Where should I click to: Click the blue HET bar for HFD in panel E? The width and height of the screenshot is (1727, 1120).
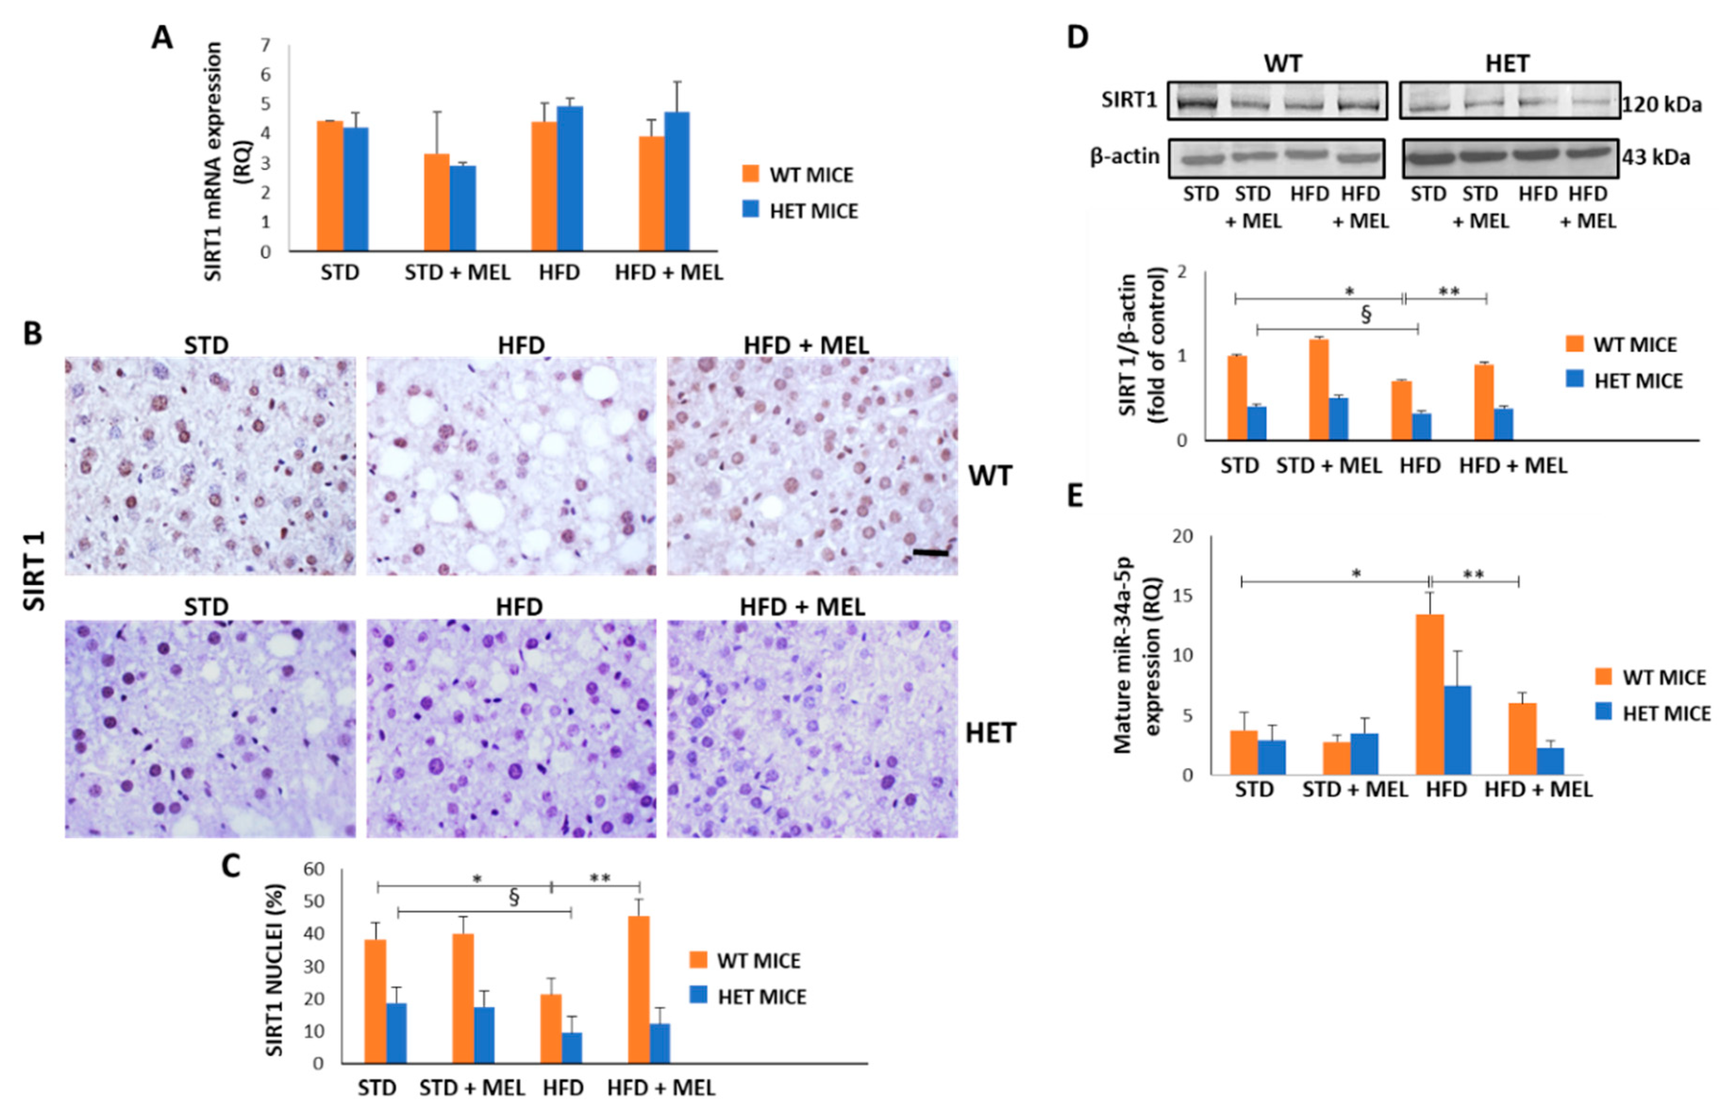[1458, 729]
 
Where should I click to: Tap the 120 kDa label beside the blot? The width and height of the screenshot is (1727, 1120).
[1662, 105]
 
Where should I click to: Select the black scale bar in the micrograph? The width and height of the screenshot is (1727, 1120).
[930, 553]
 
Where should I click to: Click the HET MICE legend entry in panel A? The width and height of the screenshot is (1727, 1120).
[800, 211]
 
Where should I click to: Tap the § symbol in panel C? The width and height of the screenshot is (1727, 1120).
[514, 898]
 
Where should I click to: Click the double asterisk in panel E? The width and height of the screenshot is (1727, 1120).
[1472, 575]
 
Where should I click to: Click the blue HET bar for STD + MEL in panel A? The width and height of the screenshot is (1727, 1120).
[463, 209]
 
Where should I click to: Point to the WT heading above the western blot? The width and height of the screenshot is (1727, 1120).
[1282, 64]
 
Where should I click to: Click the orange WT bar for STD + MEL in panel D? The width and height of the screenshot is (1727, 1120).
[1319, 389]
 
